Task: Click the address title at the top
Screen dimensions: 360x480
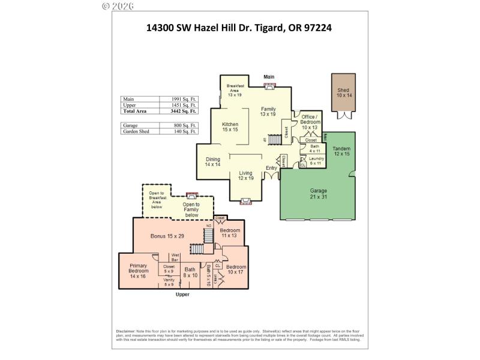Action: (x=239, y=27)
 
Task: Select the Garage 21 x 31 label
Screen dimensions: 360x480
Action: (x=318, y=193)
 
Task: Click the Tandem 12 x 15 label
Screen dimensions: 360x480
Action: (x=341, y=151)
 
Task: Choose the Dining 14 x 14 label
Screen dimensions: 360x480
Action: (x=213, y=161)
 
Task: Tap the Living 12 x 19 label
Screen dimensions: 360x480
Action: (x=246, y=175)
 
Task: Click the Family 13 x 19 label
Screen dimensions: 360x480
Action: (x=268, y=111)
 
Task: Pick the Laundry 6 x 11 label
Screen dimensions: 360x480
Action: (x=317, y=161)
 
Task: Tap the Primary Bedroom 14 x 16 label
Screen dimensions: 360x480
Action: (x=138, y=273)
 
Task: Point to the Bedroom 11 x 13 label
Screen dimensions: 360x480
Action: (x=229, y=233)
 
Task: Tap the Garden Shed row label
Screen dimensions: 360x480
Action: (x=136, y=130)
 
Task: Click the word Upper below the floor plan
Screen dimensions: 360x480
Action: (x=182, y=295)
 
